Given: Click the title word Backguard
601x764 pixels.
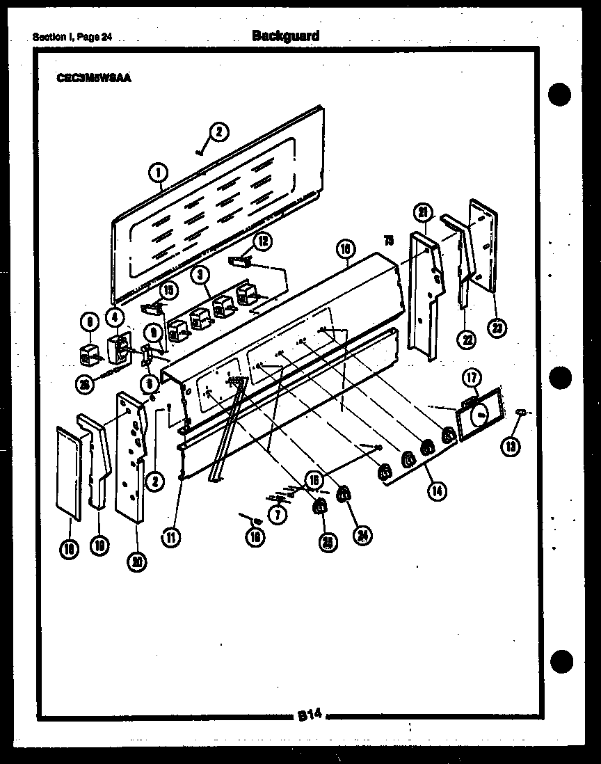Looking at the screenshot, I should [x=285, y=35].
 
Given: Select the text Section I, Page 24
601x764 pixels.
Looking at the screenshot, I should [x=72, y=38].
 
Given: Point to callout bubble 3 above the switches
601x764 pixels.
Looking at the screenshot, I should [x=201, y=275].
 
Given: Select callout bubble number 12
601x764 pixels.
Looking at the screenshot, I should [x=262, y=241].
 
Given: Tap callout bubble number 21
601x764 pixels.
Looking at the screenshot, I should [x=424, y=212].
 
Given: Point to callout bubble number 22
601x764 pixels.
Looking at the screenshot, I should [x=465, y=340].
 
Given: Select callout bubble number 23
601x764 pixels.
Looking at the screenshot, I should [x=497, y=328].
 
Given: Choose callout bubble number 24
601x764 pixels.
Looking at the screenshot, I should [x=362, y=534].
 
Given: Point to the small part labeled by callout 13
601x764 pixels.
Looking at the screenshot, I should [x=520, y=414].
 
